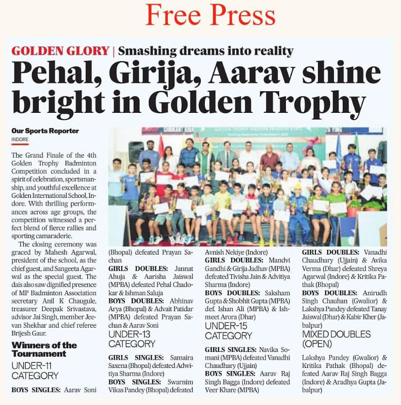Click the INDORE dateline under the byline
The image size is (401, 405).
pos(20,139)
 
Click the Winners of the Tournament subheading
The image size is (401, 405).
pos(44,349)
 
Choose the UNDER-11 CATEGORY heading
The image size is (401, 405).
pos(35,370)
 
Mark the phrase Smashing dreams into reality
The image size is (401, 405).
pos(205,51)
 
